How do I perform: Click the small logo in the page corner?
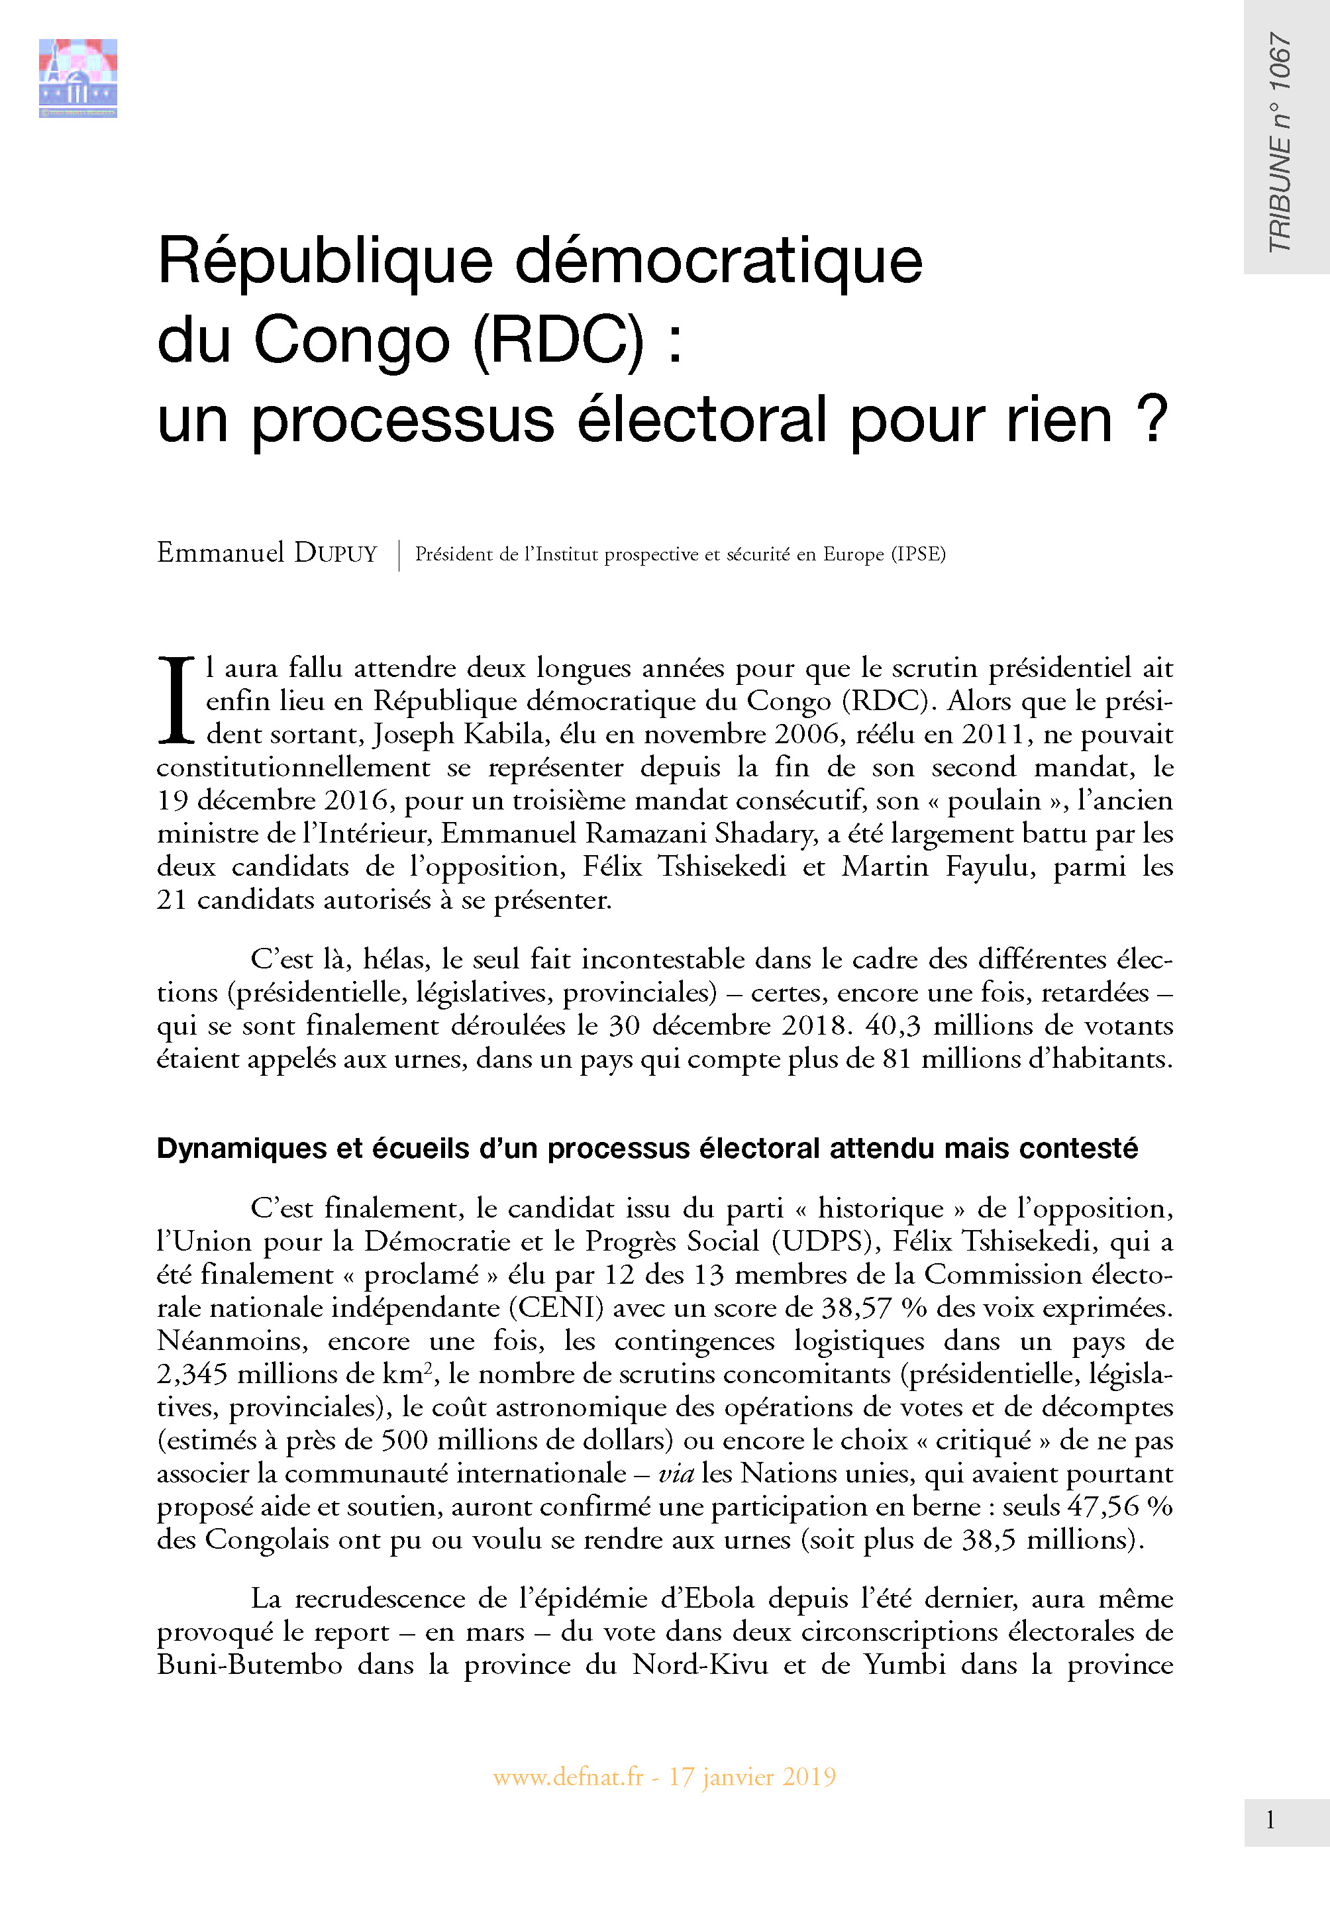[77, 78]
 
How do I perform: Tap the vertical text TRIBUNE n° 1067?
[1279, 142]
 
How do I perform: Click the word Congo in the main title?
[351, 340]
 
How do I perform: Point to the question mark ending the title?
[1153, 419]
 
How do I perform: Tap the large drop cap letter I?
[175, 701]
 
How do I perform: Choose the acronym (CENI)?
[561, 1308]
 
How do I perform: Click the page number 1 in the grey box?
[1270, 1820]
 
